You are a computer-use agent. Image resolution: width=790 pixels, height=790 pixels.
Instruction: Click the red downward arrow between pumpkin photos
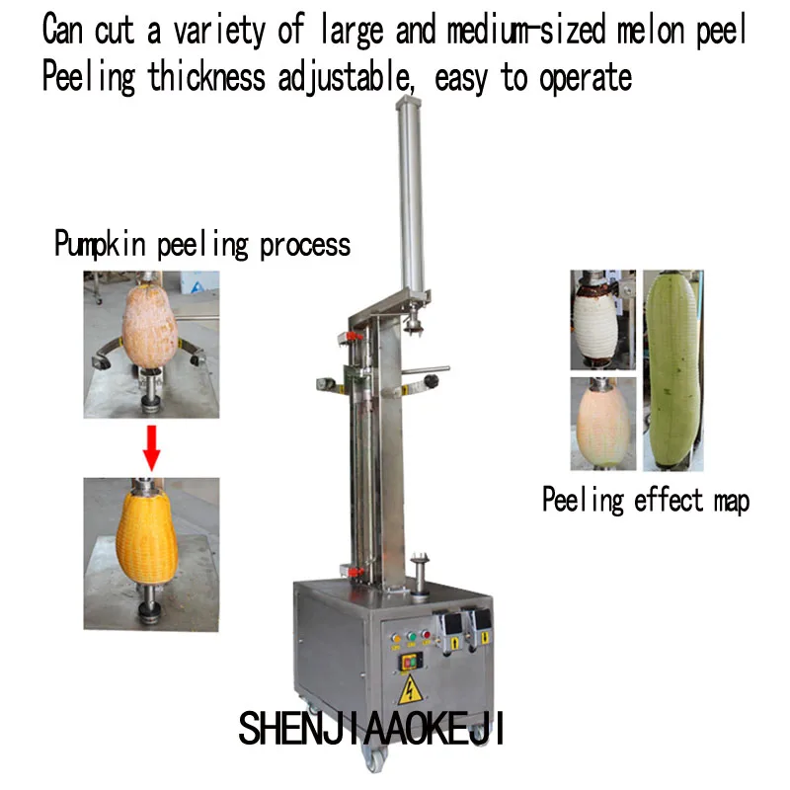150,446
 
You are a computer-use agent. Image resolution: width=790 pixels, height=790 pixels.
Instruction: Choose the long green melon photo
674,372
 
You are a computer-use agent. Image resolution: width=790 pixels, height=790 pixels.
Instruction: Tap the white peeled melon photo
602,330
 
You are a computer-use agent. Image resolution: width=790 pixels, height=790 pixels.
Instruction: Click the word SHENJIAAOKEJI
371,731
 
